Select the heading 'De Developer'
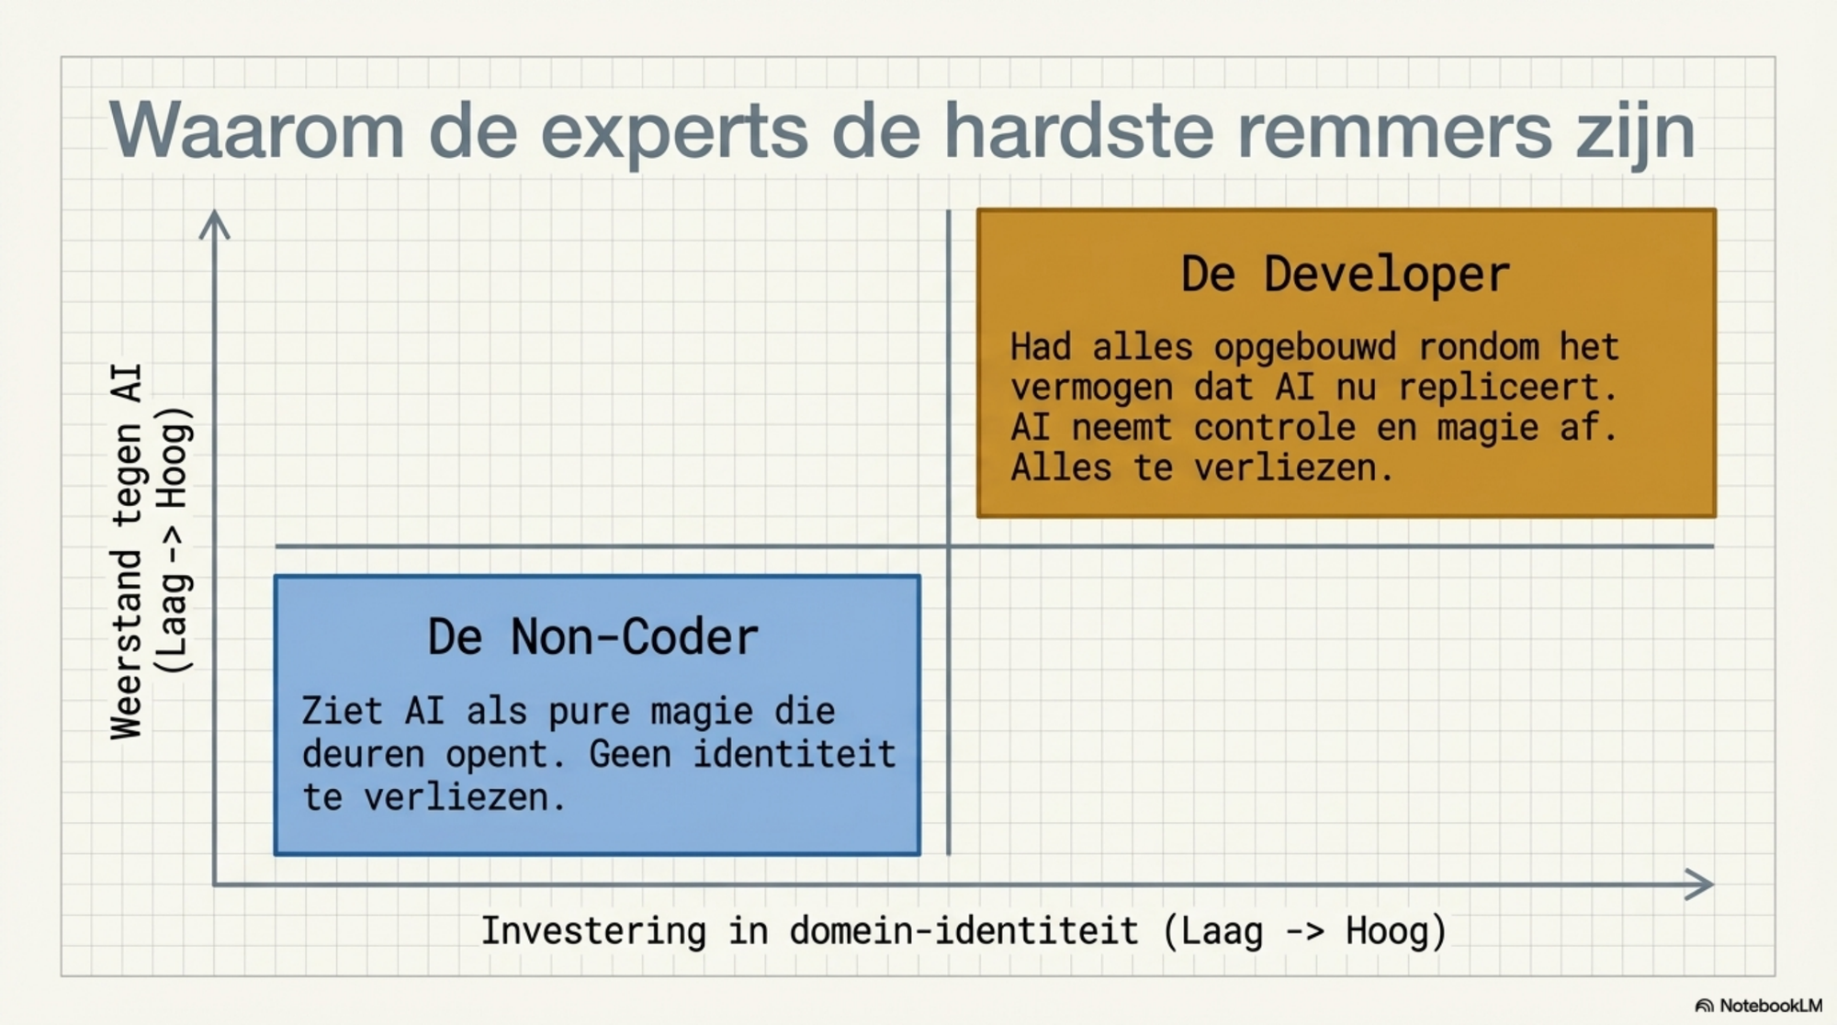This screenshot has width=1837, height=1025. coord(1346,274)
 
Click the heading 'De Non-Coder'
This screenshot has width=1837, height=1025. coord(593,636)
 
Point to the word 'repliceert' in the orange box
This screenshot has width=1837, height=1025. coord(1507,388)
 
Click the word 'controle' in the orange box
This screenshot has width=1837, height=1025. coord(1274,427)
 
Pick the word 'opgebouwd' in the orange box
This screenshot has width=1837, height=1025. coord(1305,348)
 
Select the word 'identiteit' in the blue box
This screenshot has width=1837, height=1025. coord(794,754)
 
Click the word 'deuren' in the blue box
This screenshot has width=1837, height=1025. coord(363,754)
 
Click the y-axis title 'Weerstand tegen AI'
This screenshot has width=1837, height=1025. coord(127,551)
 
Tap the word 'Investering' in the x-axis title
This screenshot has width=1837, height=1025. coord(593,930)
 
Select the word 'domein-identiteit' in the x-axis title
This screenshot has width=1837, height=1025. coord(964,931)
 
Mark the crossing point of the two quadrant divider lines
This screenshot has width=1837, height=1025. coord(948,546)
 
